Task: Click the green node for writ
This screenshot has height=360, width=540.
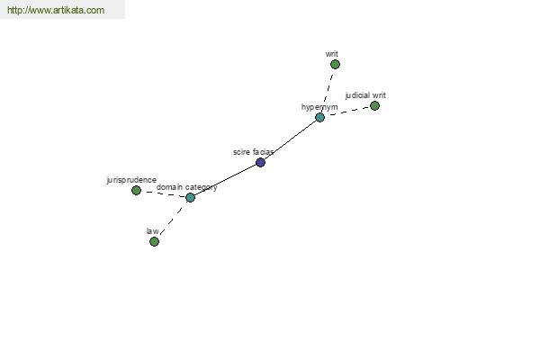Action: (335, 65)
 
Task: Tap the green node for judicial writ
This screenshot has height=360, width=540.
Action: (374, 106)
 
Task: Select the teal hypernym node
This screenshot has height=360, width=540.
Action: (319, 118)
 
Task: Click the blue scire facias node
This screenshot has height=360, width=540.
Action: (260, 162)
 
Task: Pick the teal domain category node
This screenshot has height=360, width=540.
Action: (190, 197)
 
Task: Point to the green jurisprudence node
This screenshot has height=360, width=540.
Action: (137, 190)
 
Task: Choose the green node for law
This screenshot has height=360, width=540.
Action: (154, 241)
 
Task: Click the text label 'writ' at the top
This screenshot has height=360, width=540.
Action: (331, 54)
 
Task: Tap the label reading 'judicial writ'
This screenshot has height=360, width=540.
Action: (365, 95)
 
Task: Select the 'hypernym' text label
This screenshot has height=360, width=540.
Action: (319, 107)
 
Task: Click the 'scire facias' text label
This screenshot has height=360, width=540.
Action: (253, 152)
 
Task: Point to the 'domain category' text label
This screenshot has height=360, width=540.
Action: (186, 187)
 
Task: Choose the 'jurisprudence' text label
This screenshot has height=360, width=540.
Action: (131, 180)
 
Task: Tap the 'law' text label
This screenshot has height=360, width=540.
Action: (152, 230)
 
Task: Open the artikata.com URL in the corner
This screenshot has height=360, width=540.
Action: (56, 10)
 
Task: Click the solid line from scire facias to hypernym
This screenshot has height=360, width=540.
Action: (290, 139)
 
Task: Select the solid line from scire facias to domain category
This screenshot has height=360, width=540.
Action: (225, 180)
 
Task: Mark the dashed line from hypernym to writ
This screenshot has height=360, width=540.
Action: (328, 91)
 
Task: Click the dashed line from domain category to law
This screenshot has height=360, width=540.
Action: (172, 220)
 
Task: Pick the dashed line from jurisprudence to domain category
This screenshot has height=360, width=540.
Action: (163, 193)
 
